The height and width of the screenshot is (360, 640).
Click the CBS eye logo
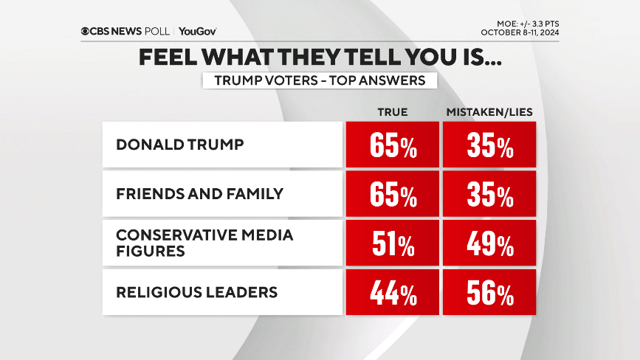pyautogui.click(x=86, y=31)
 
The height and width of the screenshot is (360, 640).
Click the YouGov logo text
pyautogui.click(x=197, y=31)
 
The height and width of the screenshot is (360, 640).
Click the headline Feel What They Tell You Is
pyautogui.click(x=320, y=58)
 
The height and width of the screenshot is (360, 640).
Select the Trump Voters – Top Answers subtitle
pyautogui.click(x=320, y=80)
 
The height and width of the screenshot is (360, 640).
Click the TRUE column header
pyautogui.click(x=392, y=112)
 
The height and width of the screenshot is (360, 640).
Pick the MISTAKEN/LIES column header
pyautogui.click(x=489, y=112)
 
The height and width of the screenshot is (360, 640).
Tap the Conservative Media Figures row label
pyautogui.click(x=204, y=243)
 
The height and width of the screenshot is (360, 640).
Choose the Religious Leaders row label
pyautogui.click(x=196, y=292)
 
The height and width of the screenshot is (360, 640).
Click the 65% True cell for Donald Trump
pyautogui.click(x=392, y=145)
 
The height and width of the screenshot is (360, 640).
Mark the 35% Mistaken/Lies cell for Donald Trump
pyautogui.click(x=489, y=145)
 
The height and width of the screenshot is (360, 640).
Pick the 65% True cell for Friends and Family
pyautogui.click(x=392, y=194)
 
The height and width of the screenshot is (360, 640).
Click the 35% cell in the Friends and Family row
pyautogui.click(x=489, y=194)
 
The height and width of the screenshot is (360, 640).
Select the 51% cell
pyautogui.click(x=392, y=243)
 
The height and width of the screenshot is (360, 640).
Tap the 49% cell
pyautogui.click(x=489, y=243)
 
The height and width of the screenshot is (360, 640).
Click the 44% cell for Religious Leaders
pyautogui.click(x=392, y=292)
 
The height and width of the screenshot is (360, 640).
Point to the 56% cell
pyautogui.click(x=489, y=292)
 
